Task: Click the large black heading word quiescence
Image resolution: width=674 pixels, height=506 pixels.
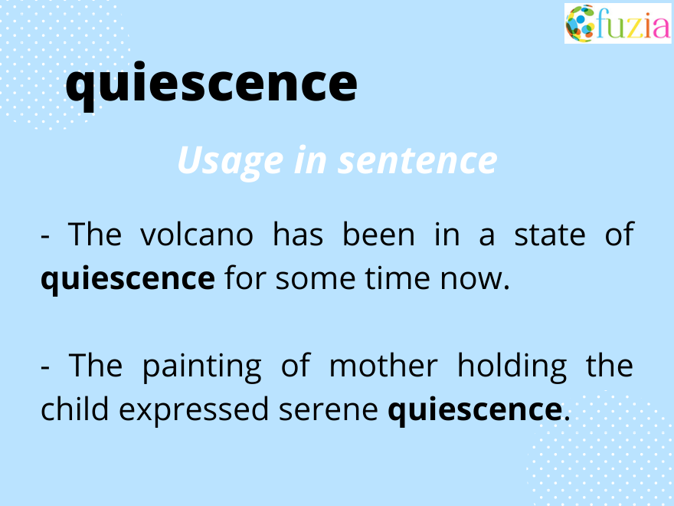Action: coord(211,84)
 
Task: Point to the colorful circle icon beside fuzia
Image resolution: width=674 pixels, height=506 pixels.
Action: coord(580,24)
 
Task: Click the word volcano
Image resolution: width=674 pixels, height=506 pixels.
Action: coord(196,235)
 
